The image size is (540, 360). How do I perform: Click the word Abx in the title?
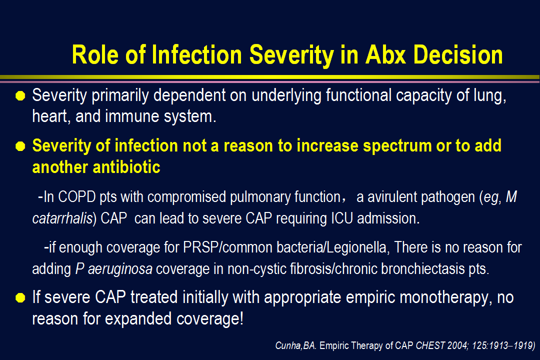(x=385, y=54)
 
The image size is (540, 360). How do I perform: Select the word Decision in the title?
(x=458, y=54)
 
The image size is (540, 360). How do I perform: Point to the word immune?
(x=132, y=116)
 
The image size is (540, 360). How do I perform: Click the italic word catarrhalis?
(x=62, y=218)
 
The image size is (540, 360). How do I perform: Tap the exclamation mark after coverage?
(x=241, y=318)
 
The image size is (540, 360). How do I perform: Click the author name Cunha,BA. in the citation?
(x=295, y=345)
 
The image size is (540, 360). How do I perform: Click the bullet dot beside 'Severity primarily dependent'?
(x=20, y=96)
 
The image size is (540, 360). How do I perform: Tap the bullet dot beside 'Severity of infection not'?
(x=20, y=146)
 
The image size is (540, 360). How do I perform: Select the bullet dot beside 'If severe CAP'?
(x=20, y=297)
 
